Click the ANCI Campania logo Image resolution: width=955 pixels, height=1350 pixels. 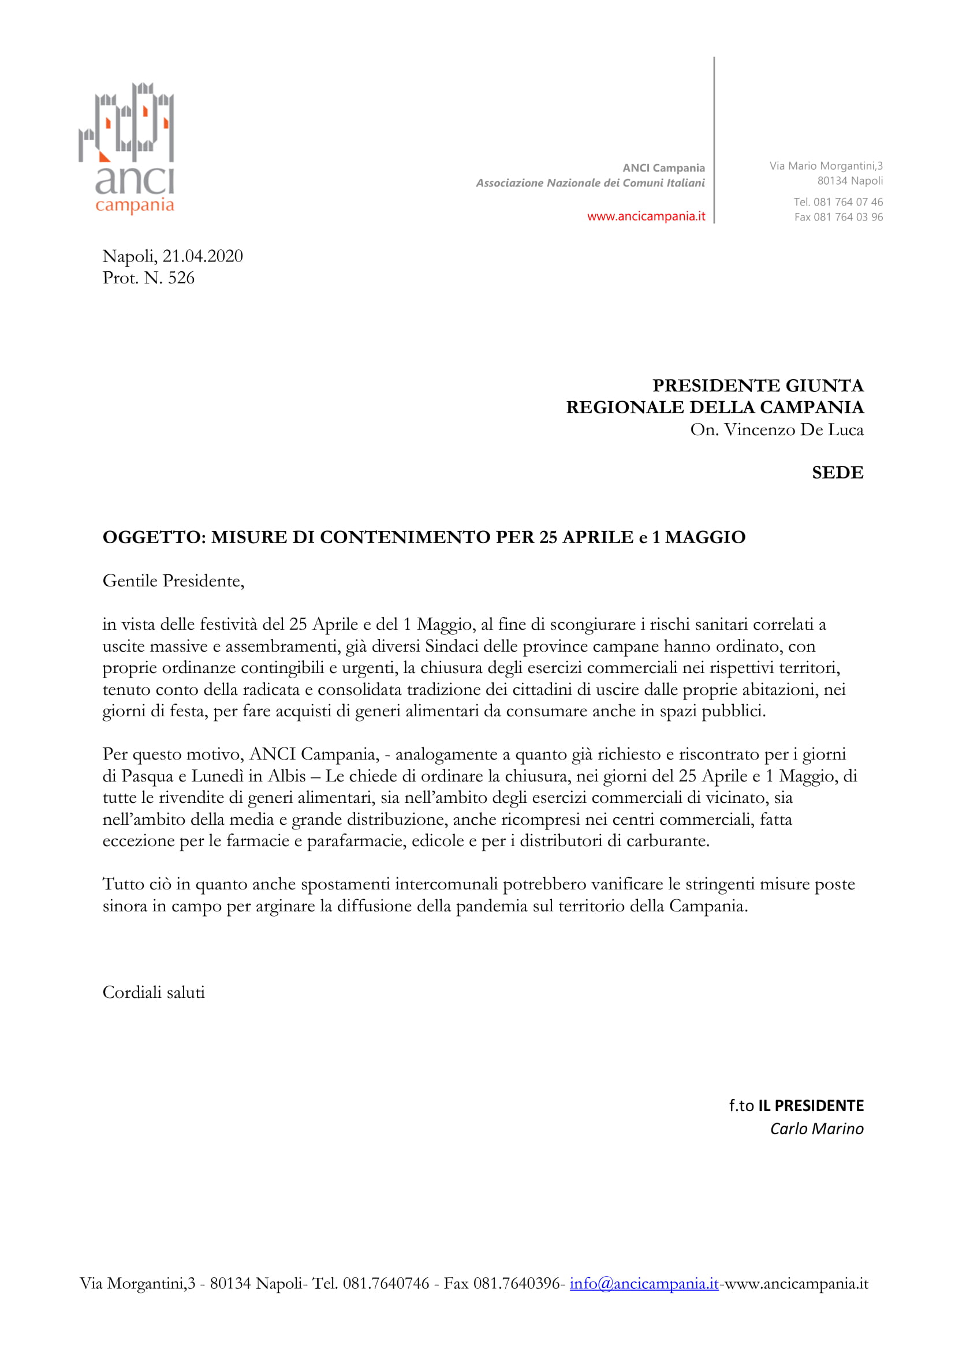tap(127, 147)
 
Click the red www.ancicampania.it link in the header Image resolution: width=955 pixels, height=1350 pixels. tap(646, 216)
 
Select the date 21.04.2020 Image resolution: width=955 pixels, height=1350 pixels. tap(202, 256)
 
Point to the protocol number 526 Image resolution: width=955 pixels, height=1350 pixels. tap(181, 278)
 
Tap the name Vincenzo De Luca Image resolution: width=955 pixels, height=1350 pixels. tap(793, 430)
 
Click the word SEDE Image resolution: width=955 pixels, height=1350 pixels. tap(837, 473)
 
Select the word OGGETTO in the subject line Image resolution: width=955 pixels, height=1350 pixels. tap(152, 537)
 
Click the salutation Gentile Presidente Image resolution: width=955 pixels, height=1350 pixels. tap(173, 581)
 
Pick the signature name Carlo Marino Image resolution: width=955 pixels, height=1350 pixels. tap(816, 1128)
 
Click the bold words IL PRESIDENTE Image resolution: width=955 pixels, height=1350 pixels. tap(810, 1105)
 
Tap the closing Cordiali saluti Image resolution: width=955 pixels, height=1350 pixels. tap(154, 993)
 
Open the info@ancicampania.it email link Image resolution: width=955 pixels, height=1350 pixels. tap(644, 1299)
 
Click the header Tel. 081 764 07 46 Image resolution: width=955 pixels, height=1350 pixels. tap(838, 201)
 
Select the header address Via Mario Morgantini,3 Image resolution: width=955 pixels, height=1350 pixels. tap(826, 166)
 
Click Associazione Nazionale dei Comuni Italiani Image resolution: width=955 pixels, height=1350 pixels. tap(590, 183)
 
